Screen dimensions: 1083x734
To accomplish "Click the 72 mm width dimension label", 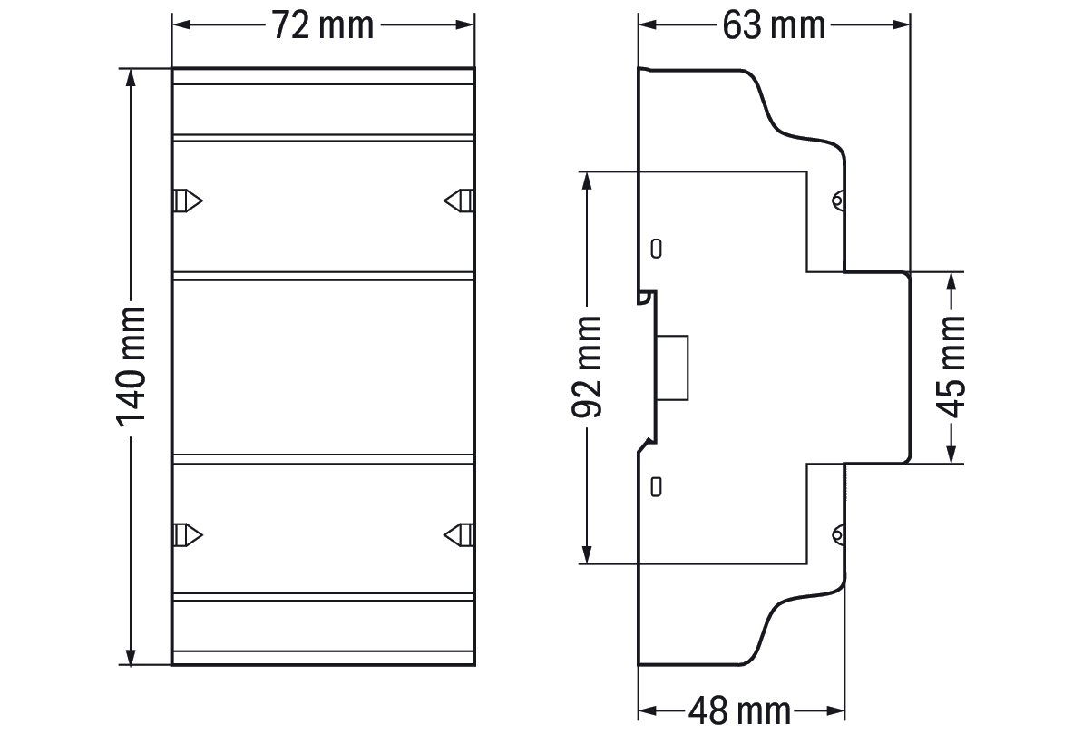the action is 323,24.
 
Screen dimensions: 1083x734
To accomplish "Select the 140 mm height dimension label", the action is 131,367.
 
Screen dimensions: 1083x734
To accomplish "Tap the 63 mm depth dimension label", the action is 774,24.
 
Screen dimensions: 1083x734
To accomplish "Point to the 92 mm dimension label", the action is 587,367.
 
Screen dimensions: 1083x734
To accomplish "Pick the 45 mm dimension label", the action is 953,367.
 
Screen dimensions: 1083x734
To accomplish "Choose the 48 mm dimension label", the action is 739,710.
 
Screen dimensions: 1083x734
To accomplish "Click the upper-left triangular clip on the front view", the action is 187,201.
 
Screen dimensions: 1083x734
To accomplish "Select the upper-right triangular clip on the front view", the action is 458,201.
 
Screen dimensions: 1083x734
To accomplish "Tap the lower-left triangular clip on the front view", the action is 187,535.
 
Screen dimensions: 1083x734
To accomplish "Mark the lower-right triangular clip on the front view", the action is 458,535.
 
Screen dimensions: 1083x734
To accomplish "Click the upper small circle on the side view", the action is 837,201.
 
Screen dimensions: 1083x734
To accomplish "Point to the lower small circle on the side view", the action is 837,535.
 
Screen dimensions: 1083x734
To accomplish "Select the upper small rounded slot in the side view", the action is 656,248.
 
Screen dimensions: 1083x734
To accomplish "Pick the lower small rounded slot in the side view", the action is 656,486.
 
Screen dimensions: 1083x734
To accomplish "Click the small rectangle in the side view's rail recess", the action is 672,367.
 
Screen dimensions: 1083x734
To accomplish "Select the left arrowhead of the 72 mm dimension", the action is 181,24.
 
